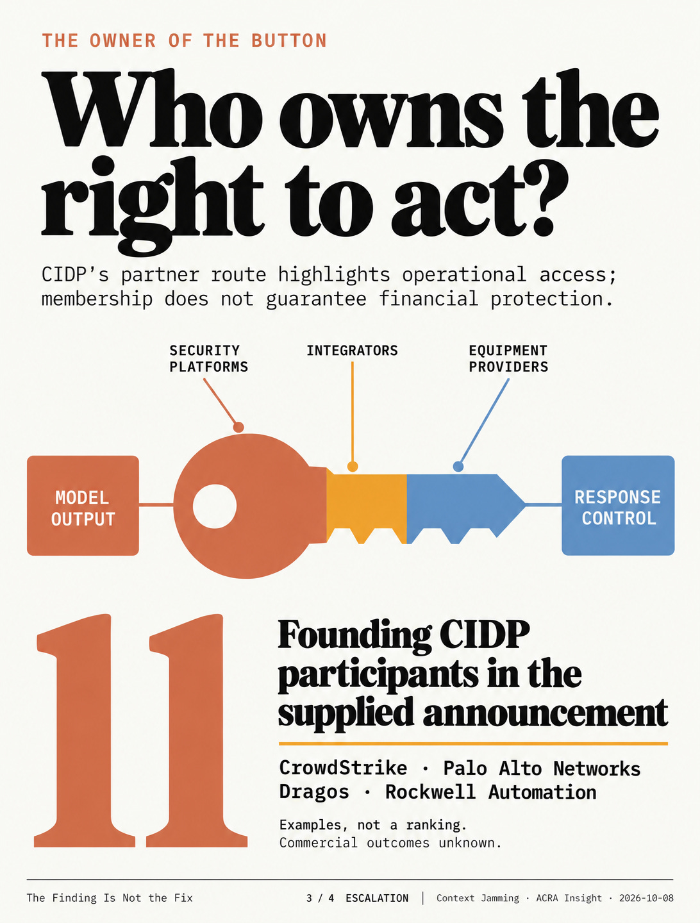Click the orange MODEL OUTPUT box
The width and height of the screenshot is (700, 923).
click(83, 506)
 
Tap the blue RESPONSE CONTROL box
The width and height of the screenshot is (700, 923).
click(618, 506)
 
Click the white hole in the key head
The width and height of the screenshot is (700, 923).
click(214, 506)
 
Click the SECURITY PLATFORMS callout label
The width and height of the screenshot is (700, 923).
click(208, 359)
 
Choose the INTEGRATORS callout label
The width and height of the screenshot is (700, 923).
click(352, 351)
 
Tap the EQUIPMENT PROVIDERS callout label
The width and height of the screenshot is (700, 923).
click(508, 359)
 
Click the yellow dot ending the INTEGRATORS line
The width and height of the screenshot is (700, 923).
click(353, 467)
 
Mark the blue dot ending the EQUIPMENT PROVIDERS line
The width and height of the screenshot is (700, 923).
click(458, 467)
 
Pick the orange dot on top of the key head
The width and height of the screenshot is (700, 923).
click(238, 428)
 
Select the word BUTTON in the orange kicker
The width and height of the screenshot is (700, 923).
click(289, 41)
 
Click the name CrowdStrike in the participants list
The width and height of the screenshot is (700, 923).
click(343, 768)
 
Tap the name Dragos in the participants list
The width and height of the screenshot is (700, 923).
click(314, 792)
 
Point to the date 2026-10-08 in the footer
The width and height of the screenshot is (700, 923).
click(646, 898)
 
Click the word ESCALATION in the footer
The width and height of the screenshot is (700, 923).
click(377, 898)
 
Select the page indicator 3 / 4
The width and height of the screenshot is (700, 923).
click(320, 898)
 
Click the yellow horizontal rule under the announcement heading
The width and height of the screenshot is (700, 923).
click(473, 744)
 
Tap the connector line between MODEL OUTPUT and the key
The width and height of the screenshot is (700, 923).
click(156, 504)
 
